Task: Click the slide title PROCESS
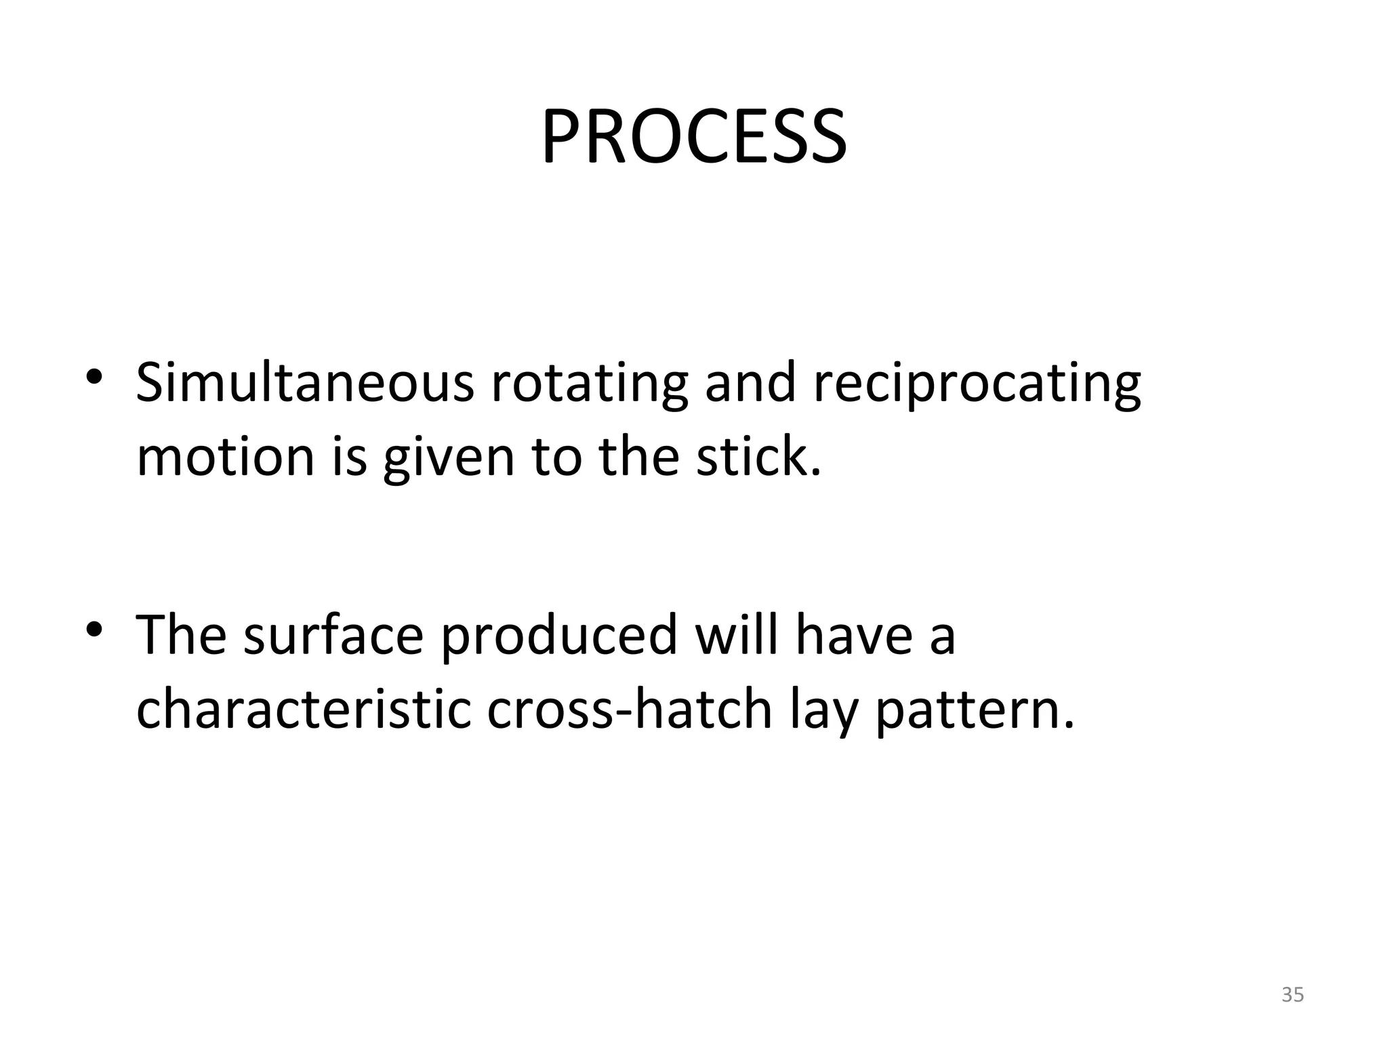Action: pyautogui.click(x=693, y=138)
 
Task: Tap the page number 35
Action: pyautogui.click(x=1292, y=994)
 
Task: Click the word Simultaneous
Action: pyautogui.click(x=305, y=384)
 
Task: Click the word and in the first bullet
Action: pyautogui.click(x=750, y=384)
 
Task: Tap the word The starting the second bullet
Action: pyautogui.click(x=181, y=634)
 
